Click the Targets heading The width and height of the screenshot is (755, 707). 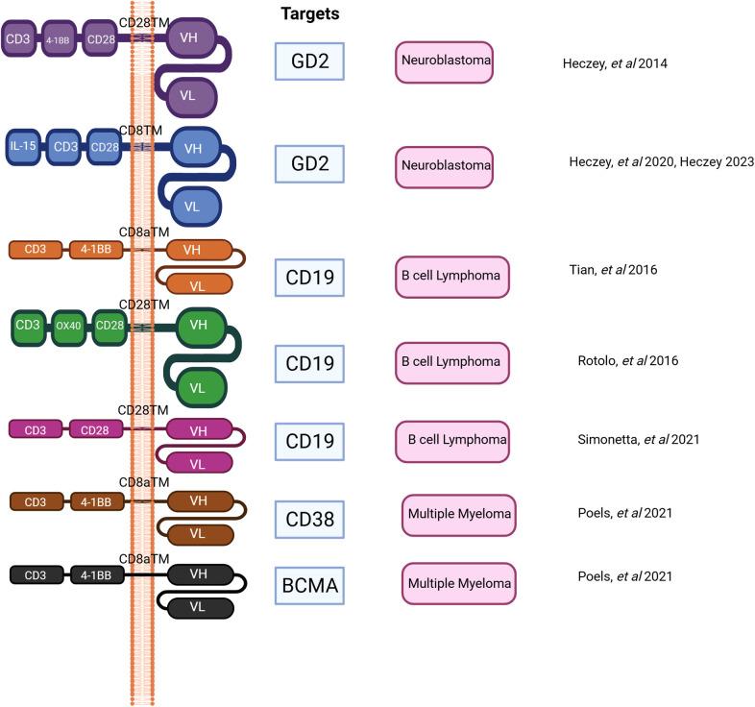309,14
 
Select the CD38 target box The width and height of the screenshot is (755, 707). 309,520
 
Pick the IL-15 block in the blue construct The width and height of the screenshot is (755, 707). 25,146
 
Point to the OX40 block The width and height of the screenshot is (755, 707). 66,327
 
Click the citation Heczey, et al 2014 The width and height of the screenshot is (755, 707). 616,64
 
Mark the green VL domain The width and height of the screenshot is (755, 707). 197,387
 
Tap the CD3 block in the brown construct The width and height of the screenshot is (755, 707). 36,500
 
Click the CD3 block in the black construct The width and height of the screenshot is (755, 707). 36,575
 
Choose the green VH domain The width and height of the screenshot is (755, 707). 199,326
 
